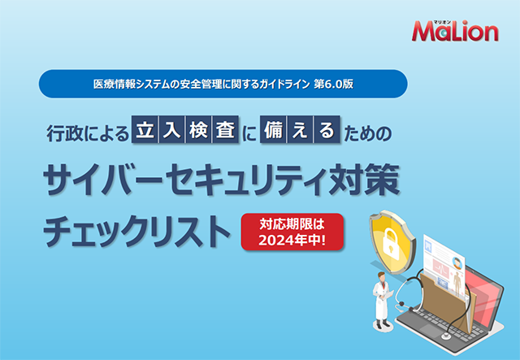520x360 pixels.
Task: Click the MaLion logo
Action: [455, 31]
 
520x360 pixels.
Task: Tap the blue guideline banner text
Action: [223, 84]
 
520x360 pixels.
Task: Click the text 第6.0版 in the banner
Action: [334, 84]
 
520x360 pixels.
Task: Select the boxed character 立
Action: [145, 129]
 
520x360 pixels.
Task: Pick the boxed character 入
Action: [171, 129]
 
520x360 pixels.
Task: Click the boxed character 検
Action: [198, 129]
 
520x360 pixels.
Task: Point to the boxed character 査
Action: [226, 129]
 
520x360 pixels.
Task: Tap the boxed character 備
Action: [273, 129]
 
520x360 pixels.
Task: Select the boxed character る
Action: [327, 129]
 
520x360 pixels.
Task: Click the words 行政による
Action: [88, 133]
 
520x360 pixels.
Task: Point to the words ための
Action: [368, 133]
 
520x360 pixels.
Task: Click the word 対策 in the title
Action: [364, 180]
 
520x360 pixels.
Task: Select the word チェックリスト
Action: [136, 232]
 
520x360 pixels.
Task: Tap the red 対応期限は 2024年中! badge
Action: [292, 232]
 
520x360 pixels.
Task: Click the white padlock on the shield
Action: [391, 244]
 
